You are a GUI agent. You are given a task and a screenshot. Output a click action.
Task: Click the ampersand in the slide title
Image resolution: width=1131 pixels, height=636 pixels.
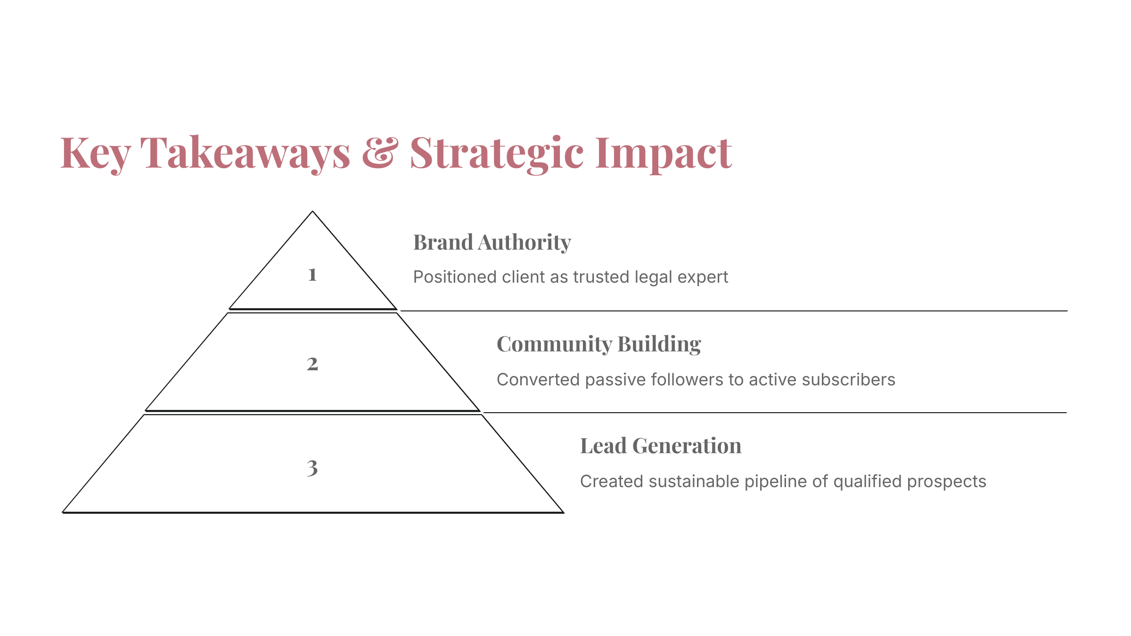pyautogui.click(x=380, y=152)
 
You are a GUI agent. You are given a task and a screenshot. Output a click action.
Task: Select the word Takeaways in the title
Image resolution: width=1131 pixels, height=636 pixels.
pyautogui.click(x=245, y=153)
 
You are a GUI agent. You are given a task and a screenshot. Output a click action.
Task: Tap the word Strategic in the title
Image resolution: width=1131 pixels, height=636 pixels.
pyautogui.click(x=497, y=153)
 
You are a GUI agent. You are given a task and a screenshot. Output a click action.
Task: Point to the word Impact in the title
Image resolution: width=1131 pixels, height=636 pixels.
pyautogui.click(x=664, y=153)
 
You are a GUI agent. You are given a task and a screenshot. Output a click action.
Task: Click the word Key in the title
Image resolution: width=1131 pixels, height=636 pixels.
pyautogui.click(x=96, y=153)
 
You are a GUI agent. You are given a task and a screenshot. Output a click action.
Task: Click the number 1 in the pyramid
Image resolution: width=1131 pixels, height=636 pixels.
pyautogui.click(x=312, y=275)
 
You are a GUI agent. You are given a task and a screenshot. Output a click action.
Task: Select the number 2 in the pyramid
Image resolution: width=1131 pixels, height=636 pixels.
pyautogui.click(x=312, y=364)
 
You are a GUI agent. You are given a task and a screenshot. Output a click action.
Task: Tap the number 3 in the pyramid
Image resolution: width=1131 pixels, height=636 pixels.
pyautogui.click(x=312, y=468)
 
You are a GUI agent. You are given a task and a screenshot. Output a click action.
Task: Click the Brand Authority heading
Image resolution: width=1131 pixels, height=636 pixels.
pyautogui.click(x=492, y=243)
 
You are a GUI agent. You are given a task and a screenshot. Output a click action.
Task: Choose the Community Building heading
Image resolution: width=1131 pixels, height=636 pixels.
pyautogui.click(x=599, y=344)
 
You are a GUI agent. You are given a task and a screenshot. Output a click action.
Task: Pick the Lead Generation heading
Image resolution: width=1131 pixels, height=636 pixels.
pyautogui.click(x=661, y=446)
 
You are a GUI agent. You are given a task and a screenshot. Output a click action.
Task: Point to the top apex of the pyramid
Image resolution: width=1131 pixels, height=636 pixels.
pyautogui.click(x=312, y=212)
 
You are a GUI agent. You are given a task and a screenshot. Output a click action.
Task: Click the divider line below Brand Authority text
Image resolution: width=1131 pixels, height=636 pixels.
pyautogui.click(x=734, y=311)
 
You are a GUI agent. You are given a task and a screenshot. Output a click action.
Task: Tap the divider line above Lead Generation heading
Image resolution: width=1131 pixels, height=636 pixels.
pyautogui.click(x=775, y=413)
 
